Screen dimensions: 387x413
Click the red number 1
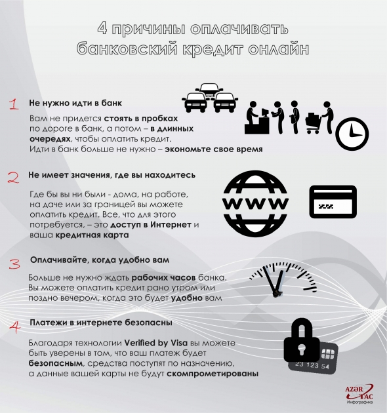click(13, 105)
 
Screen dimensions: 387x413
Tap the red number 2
click(13, 177)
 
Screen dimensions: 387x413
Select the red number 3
click(14, 263)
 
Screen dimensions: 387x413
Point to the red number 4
click(14, 326)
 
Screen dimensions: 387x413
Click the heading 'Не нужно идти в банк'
click(75, 104)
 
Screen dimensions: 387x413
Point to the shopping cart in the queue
click(314, 122)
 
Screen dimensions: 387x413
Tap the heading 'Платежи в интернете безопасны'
click(101, 323)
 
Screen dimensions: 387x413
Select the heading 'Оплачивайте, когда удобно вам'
click(95, 261)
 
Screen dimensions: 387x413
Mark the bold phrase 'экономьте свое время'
click(214, 149)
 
